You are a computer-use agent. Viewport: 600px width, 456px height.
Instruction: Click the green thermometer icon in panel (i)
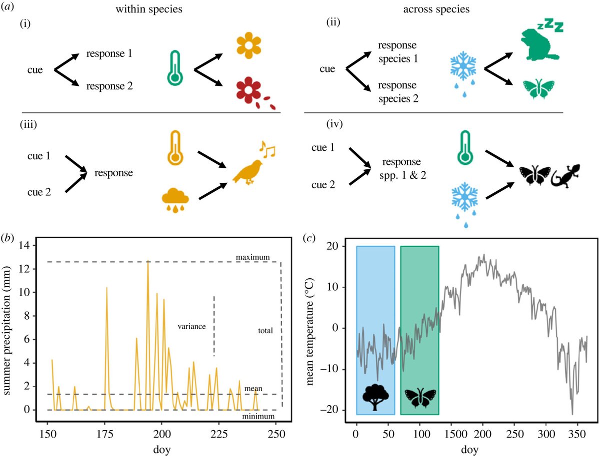coord(175,67)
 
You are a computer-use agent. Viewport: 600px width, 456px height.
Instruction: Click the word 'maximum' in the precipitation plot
coord(253,257)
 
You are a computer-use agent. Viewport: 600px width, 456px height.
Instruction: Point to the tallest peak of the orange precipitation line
coord(148,261)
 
